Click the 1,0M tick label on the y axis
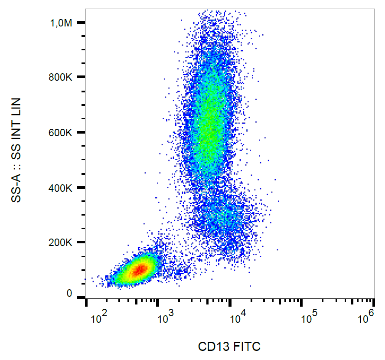point(61,23)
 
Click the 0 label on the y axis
point(69,294)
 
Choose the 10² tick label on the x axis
point(99,320)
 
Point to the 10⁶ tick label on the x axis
point(366,320)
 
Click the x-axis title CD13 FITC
point(229,347)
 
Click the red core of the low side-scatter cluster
point(139,270)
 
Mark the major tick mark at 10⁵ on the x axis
point(302,301)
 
